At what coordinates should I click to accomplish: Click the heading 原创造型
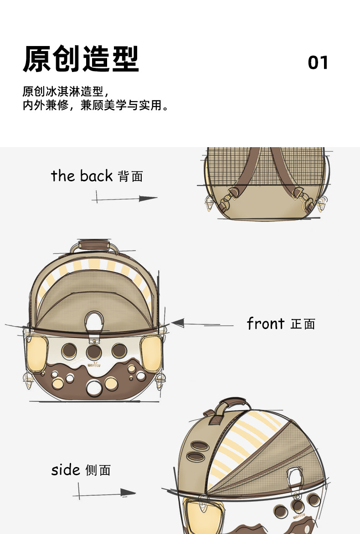tap(81, 60)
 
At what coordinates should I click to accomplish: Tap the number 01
tap(318, 63)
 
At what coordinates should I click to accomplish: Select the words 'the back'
tap(82, 175)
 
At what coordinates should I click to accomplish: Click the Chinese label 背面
tap(130, 176)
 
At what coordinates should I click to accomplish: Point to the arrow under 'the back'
tap(125, 199)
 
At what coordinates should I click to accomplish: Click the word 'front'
tap(266, 323)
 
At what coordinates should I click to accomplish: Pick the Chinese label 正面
tap(303, 324)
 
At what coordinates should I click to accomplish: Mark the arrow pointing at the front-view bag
tap(196, 324)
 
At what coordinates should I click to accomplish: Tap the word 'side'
tap(66, 470)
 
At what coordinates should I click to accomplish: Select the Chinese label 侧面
tap(98, 470)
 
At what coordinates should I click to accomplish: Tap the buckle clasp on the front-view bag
tap(95, 323)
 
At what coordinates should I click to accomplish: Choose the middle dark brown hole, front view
tap(94, 351)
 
